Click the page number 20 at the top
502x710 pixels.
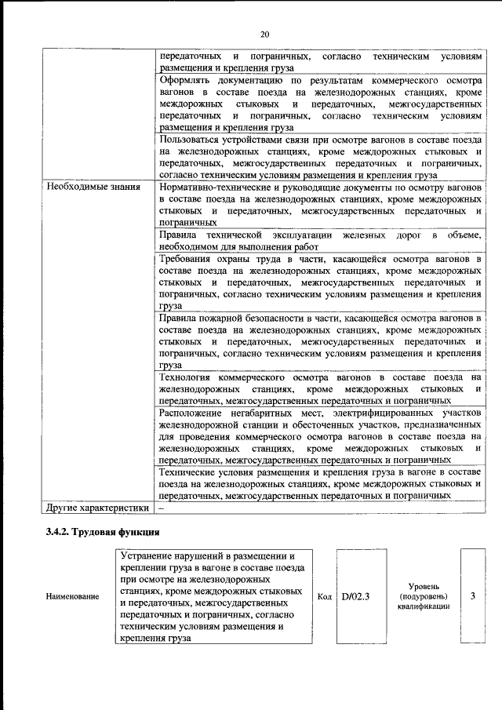tap(264, 34)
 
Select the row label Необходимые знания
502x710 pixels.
tap(93, 188)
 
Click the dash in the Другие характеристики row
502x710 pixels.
tap(162, 508)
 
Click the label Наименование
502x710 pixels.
tap(73, 597)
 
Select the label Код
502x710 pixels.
tap(324, 597)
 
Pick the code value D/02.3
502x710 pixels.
tap(355, 597)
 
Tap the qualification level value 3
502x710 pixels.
tap(472, 596)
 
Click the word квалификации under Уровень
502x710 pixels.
tap(424, 606)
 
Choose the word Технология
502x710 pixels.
tap(186, 377)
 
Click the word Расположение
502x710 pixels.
tap(191, 413)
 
